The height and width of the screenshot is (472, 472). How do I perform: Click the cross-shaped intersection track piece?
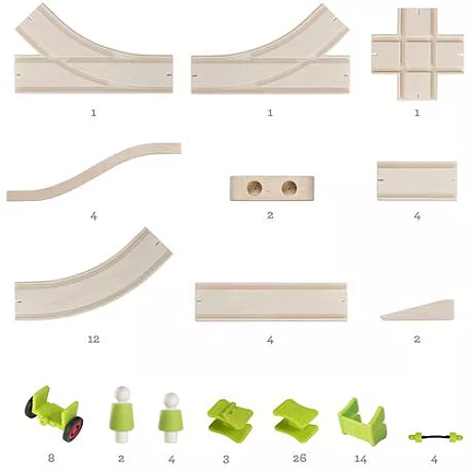click(x=417, y=54)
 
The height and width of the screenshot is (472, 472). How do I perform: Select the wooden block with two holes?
click(x=272, y=188)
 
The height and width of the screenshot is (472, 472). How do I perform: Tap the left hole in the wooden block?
click(x=254, y=188)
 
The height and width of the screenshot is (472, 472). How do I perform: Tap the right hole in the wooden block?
click(x=289, y=188)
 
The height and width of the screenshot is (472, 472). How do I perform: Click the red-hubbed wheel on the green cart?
click(x=73, y=429)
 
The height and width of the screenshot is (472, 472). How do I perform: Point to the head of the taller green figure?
click(x=122, y=394)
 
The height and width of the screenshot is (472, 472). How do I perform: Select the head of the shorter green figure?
click(x=171, y=400)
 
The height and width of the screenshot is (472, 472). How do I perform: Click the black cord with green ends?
click(x=435, y=437)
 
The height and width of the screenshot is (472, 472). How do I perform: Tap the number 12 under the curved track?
click(x=93, y=339)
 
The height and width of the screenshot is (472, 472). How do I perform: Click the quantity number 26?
click(x=299, y=459)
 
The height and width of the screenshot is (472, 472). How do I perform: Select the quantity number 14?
click(x=361, y=460)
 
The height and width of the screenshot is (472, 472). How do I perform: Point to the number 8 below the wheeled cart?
click(x=51, y=458)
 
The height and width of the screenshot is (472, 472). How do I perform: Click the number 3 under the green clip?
click(x=226, y=460)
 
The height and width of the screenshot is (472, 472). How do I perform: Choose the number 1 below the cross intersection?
click(x=417, y=112)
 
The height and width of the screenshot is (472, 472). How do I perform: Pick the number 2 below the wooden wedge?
click(x=417, y=339)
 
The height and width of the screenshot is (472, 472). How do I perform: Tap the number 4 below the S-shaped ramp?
click(x=93, y=216)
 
